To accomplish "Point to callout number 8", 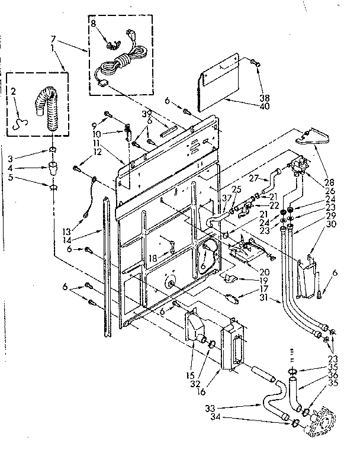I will point(94,25).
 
